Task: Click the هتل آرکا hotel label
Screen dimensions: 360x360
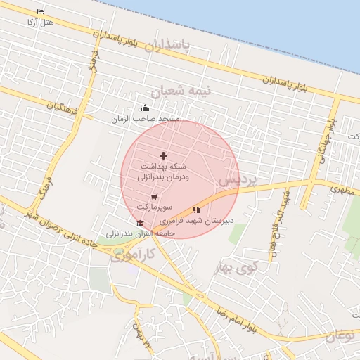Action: pyautogui.click(x=39, y=22)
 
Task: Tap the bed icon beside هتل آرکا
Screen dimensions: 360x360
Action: pyautogui.click(x=40, y=12)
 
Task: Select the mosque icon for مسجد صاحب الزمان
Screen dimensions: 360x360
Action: pyautogui.click(x=146, y=108)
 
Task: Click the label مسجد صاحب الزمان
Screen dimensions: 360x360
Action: pyautogui.click(x=146, y=120)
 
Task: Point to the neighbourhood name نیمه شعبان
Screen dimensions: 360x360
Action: pyautogui.click(x=176, y=92)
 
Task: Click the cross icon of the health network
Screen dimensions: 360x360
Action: pyautogui.click(x=164, y=155)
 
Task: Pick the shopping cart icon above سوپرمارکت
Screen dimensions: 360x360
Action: pyautogui.click(x=154, y=197)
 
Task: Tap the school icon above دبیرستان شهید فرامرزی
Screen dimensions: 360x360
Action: pyautogui.click(x=196, y=210)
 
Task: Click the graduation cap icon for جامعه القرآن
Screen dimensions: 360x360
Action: pyautogui.click(x=139, y=223)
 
